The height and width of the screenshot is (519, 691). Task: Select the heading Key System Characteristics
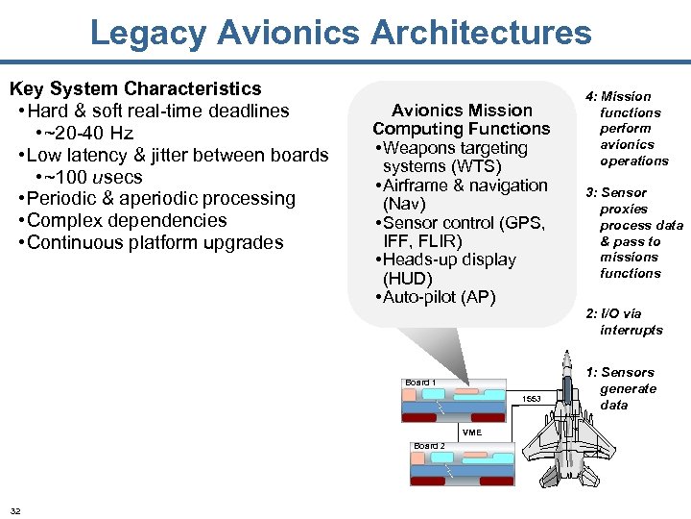(135, 89)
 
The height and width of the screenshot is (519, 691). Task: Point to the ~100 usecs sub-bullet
(88, 177)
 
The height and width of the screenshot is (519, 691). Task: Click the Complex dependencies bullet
(128, 220)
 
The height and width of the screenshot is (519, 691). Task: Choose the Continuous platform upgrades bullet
(155, 242)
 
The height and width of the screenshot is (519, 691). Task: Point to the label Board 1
(420, 383)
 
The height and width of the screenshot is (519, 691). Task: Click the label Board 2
(429, 446)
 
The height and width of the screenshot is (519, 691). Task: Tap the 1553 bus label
(532, 399)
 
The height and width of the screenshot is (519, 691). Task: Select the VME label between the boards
(471, 432)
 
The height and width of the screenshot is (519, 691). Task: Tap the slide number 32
(16, 509)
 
